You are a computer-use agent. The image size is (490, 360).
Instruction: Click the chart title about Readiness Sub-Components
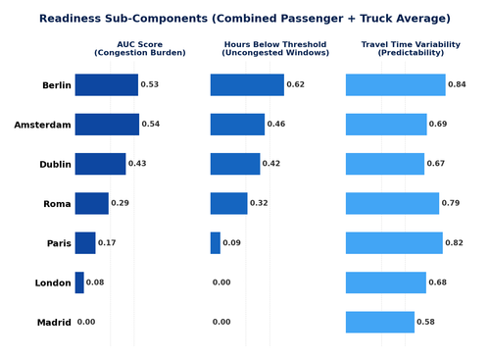tap(245, 19)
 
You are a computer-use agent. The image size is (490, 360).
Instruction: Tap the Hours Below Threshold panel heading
tap(262, 48)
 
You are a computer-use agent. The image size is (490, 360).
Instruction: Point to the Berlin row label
tap(56, 85)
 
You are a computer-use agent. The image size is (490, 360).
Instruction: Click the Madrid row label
tap(54, 323)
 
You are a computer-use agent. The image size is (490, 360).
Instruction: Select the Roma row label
tap(58, 204)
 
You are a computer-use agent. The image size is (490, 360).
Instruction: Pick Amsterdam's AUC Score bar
tap(107, 125)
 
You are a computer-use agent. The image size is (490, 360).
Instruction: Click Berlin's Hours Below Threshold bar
tap(247, 85)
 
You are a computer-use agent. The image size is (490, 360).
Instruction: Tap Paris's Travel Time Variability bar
tap(394, 243)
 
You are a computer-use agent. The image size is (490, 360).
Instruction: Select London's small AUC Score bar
tap(79, 283)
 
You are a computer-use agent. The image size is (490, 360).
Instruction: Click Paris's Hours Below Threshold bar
tap(216, 243)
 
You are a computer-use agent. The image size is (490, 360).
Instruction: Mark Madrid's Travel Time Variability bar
tap(380, 322)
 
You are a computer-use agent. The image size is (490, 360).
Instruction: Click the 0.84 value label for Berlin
tap(457, 85)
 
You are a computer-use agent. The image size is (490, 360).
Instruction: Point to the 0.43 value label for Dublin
tap(137, 164)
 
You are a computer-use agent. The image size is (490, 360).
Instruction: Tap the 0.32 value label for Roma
tap(259, 203)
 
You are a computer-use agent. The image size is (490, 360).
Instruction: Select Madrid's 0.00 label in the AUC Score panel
tap(86, 322)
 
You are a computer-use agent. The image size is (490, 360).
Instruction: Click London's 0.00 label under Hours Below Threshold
tap(221, 283)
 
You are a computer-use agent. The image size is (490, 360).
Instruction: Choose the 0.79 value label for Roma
tap(451, 203)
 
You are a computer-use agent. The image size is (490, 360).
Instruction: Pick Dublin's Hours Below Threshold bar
tap(235, 164)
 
